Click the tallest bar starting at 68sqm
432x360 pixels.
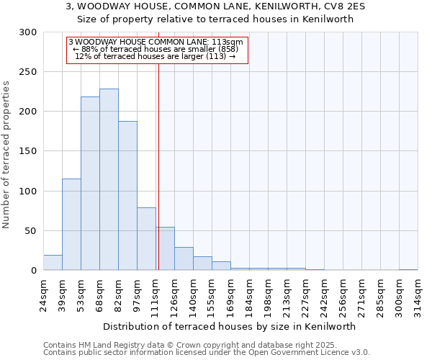pyautogui.click(x=109, y=180)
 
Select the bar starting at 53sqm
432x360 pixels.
pyautogui.click(x=90, y=184)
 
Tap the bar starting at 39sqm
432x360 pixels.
pyautogui.click(x=71, y=225)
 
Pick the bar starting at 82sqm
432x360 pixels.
pyautogui.click(x=127, y=196)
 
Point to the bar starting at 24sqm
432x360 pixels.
pyautogui.click(x=53, y=263)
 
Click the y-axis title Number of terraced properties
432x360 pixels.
pyautogui.click(x=7, y=155)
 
